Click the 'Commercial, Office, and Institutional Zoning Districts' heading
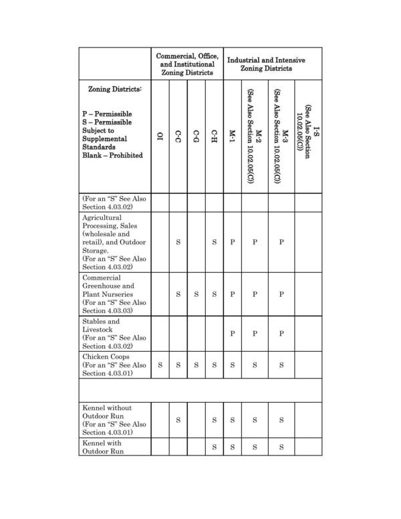click(x=186, y=64)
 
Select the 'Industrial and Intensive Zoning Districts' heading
click(x=266, y=64)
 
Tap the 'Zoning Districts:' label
click(x=115, y=89)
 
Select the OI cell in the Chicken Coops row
click(x=160, y=365)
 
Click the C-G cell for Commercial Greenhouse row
click(x=196, y=294)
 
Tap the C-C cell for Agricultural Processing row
click(x=178, y=242)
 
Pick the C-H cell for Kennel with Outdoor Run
click(x=214, y=447)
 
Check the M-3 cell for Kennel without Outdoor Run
click(x=281, y=420)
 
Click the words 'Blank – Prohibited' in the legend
click(x=112, y=155)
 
